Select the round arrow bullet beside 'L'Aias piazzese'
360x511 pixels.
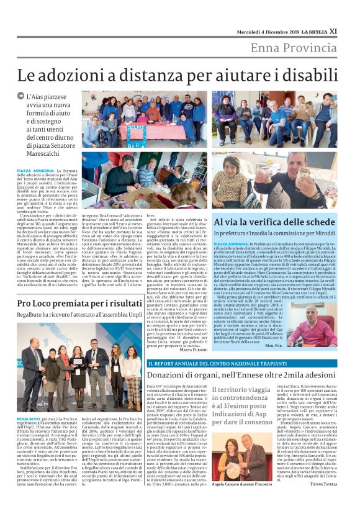22,97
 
